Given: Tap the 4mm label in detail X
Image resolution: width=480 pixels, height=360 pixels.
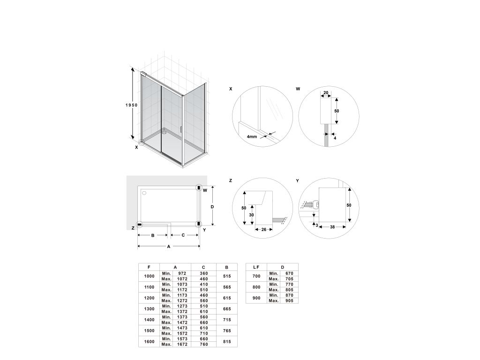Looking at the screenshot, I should click(x=252, y=137).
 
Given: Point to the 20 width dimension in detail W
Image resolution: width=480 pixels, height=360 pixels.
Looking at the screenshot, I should click(x=325, y=93).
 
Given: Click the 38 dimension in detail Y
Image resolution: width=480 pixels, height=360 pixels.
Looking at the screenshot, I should click(x=332, y=227).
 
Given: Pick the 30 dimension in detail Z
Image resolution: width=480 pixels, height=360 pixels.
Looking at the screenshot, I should click(x=252, y=215).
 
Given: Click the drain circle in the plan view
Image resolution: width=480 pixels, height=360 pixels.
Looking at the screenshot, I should click(x=144, y=193).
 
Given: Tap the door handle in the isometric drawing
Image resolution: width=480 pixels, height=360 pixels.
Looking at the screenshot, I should click(x=181, y=130).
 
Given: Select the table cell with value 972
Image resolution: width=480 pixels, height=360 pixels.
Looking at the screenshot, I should click(x=182, y=273).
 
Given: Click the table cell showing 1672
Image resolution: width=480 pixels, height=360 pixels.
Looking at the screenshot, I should click(x=182, y=344).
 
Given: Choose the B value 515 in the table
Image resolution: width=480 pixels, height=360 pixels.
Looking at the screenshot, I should click(x=226, y=276).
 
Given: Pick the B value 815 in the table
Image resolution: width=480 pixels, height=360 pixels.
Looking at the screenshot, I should click(x=226, y=341).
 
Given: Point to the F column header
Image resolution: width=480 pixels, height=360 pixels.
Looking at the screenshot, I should click(x=149, y=267).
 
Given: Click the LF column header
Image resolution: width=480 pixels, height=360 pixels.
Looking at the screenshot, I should click(x=256, y=267).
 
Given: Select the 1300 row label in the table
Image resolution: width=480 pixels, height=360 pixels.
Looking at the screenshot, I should click(x=149, y=308).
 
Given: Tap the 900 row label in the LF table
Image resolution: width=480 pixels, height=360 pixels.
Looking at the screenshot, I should click(x=256, y=298).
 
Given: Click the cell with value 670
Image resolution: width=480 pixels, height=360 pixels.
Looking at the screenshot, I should click(x=289, y=273).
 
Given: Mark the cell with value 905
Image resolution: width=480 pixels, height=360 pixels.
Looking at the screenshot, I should click(x=289, y=300).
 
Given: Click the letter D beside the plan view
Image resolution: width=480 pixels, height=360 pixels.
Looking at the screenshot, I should click(x=212, y=206).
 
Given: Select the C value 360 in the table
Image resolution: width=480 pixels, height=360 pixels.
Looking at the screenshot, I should click(x=203, y=273).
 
